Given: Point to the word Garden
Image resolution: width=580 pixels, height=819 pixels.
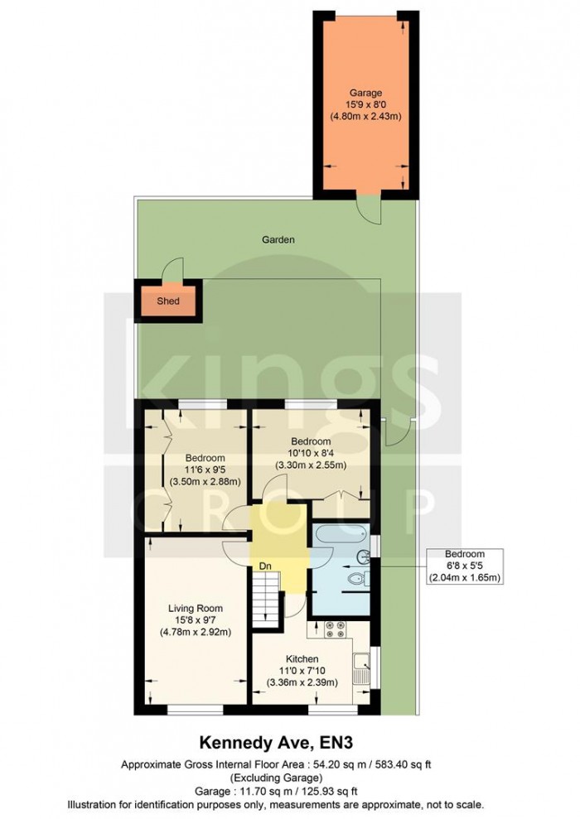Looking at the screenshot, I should pyautogui.click(x=278, y=239).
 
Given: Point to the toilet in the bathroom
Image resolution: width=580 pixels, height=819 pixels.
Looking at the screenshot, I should pyautogui.click(x=358, y=580).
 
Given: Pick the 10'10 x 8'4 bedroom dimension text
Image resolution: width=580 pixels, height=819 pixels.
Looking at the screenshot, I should pyautogui.click(x=311, y=453).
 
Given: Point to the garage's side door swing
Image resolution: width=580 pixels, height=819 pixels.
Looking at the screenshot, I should pyautogui.click(x=369, y=209).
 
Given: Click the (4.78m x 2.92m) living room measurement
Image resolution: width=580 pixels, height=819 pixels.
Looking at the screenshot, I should pyautogui.click(x=196, y=633).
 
